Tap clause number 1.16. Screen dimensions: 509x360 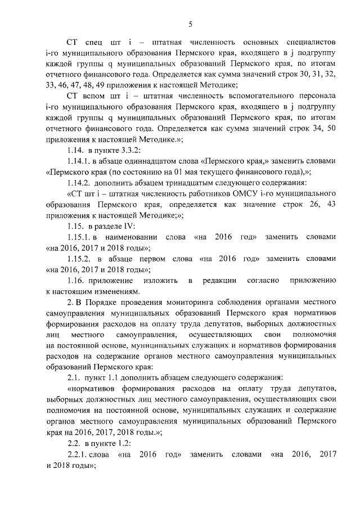76,280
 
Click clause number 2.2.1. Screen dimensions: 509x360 79,453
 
